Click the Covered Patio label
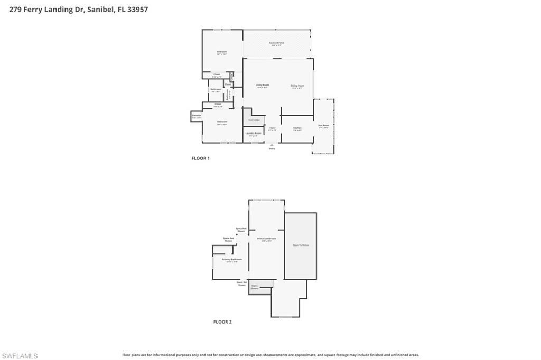(276, 43)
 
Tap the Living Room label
(262, 86)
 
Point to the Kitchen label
(297, 128)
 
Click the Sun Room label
(323, 126)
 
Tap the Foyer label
(273, 128)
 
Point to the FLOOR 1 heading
(200, 158)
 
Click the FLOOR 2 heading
(222, 321)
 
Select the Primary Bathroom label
(231, 260)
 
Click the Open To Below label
(300, 245)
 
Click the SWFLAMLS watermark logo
(20, 356)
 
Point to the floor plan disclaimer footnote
(270, 355)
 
